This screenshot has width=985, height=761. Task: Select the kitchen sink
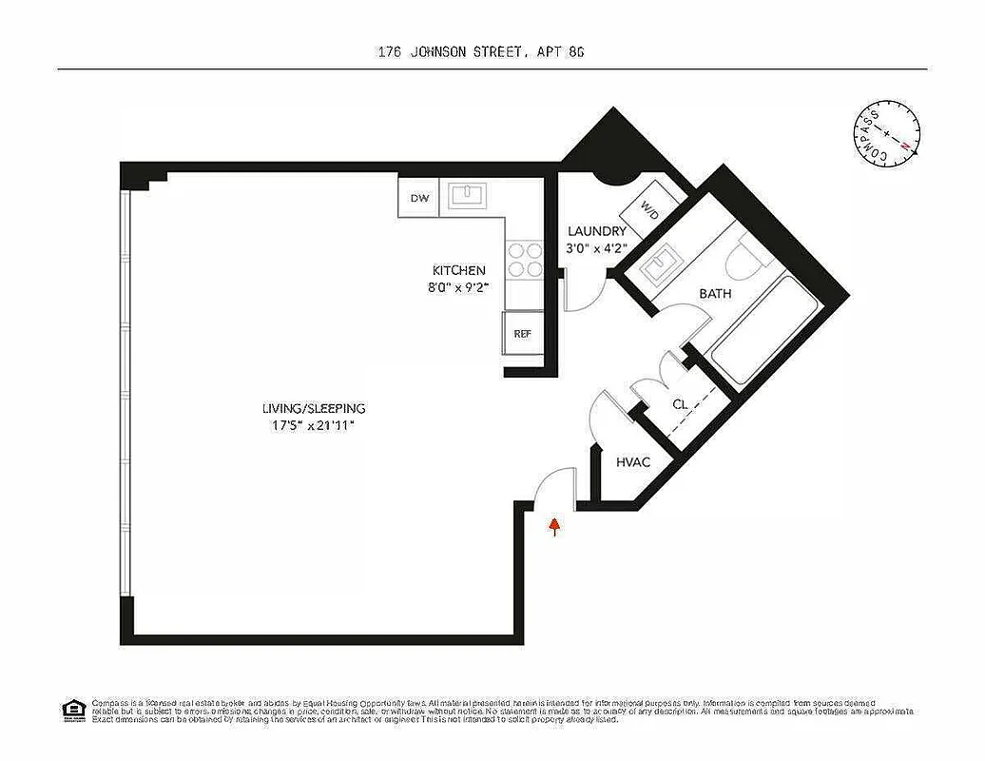467,196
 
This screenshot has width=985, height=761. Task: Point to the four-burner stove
524,260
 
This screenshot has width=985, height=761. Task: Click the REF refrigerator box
522,333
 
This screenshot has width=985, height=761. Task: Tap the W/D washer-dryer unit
647,210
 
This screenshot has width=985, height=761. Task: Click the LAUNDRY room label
596,231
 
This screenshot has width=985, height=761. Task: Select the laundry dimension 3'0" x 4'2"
596,249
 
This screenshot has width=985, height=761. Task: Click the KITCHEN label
458,270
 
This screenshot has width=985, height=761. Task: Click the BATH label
715,294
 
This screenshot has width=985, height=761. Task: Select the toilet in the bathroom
739,259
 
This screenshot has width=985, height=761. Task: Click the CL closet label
680,404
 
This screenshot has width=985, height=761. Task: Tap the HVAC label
632,462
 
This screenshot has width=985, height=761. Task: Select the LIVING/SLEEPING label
314,408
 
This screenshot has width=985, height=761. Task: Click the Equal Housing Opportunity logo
71,710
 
